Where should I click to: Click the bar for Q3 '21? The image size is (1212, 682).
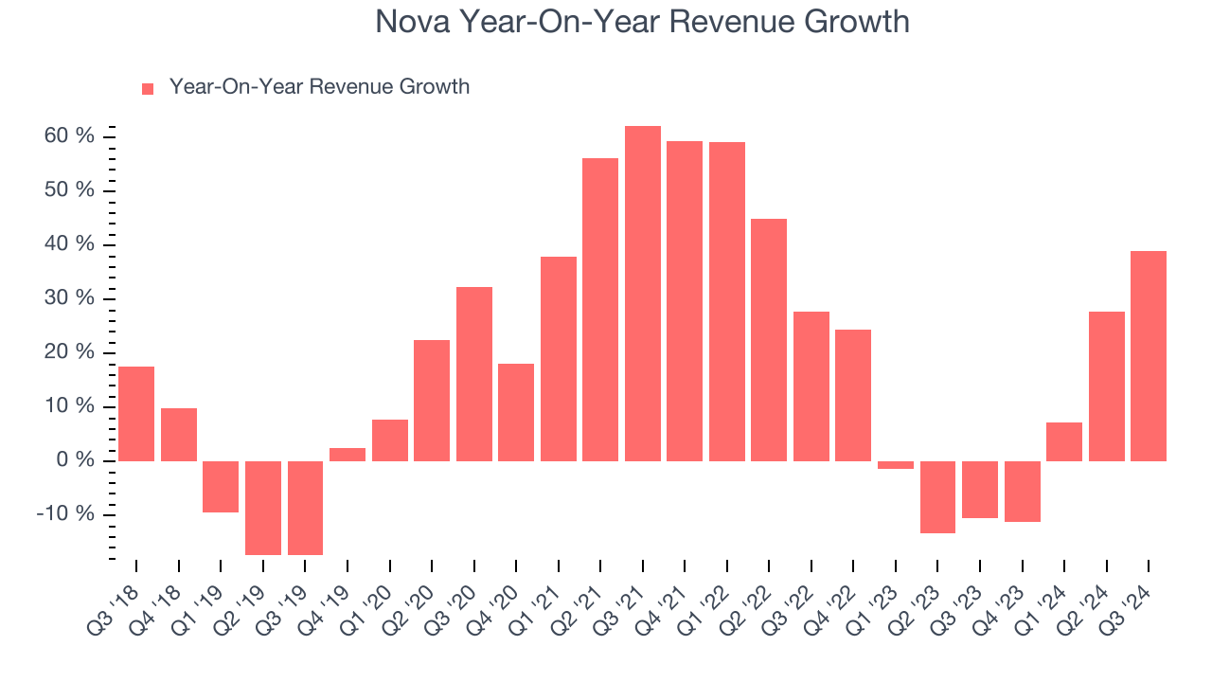point(643,294)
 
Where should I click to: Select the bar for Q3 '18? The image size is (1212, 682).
point(136,414)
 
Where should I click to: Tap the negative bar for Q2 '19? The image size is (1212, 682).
point(263,508)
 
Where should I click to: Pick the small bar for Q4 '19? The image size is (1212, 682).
point(348,455)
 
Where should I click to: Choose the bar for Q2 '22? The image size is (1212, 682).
point(769,340)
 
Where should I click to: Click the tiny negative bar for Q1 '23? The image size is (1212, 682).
point(896,465)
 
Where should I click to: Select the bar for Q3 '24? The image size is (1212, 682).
point(1149,356)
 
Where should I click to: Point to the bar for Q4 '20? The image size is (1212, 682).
point(516,412)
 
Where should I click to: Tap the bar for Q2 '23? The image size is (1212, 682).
point(937,497)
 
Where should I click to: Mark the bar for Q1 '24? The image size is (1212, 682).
point(1064,441)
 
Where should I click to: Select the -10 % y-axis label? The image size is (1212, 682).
point(66,514)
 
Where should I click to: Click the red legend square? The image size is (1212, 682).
point(148,88)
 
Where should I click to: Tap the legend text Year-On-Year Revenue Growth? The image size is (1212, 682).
point(319,87)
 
